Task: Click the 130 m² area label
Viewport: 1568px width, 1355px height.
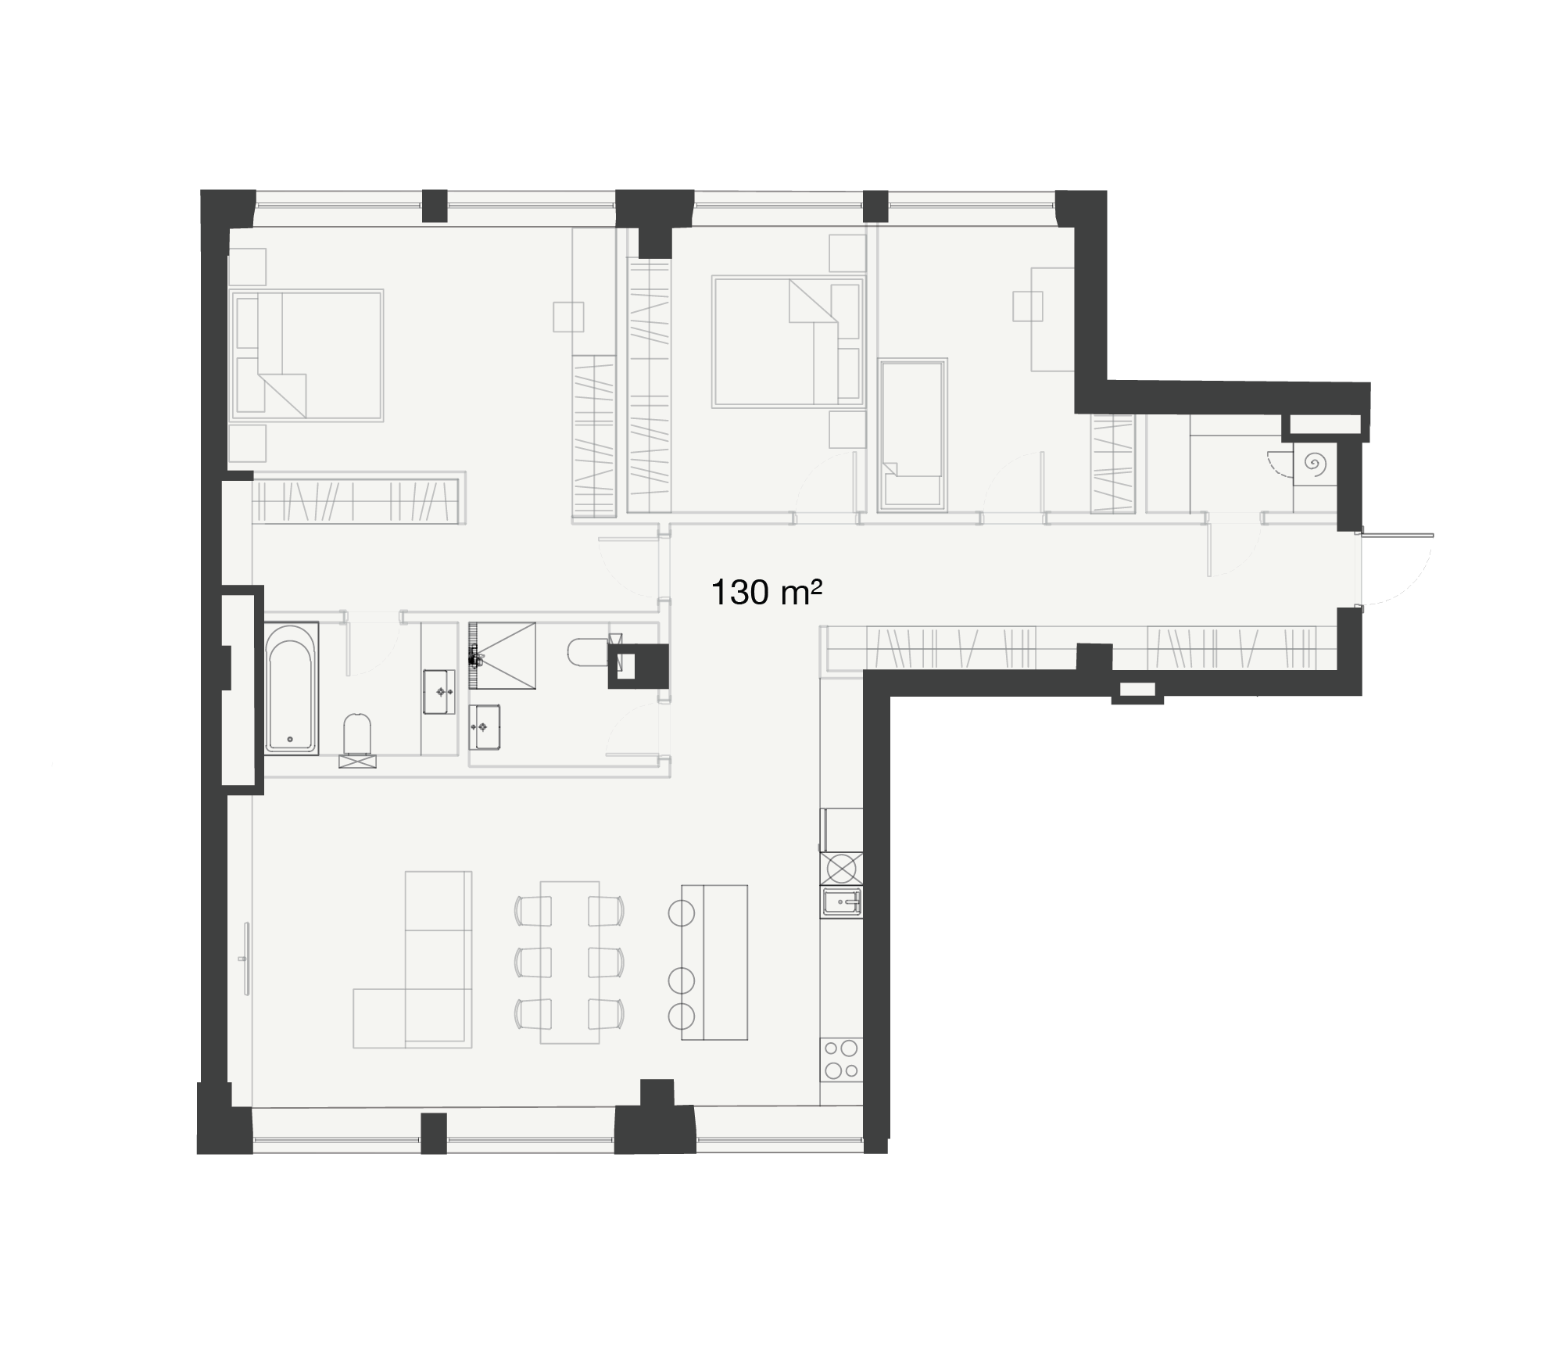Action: [766, 593]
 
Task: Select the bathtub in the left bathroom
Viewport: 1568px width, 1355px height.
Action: [291, 688]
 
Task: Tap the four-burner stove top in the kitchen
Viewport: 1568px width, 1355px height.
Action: [841, 1059]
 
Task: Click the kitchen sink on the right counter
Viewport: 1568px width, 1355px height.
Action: [841, 904]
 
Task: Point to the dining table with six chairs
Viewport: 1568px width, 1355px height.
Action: [570, 962]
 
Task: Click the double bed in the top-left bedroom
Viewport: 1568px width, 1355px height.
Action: [306, 356]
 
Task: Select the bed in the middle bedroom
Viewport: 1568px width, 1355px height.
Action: [789, 342]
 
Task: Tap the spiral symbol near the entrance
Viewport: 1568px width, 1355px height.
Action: [1315, 464]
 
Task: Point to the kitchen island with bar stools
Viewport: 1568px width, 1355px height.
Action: [714, 962]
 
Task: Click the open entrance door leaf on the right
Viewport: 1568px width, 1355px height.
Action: [1398, 535]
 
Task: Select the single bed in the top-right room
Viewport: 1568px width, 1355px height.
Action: [912, 435]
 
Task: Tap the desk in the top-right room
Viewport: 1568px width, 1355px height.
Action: [1052, 319]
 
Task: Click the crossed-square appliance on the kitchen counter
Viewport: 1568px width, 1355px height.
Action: [841, 868]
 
